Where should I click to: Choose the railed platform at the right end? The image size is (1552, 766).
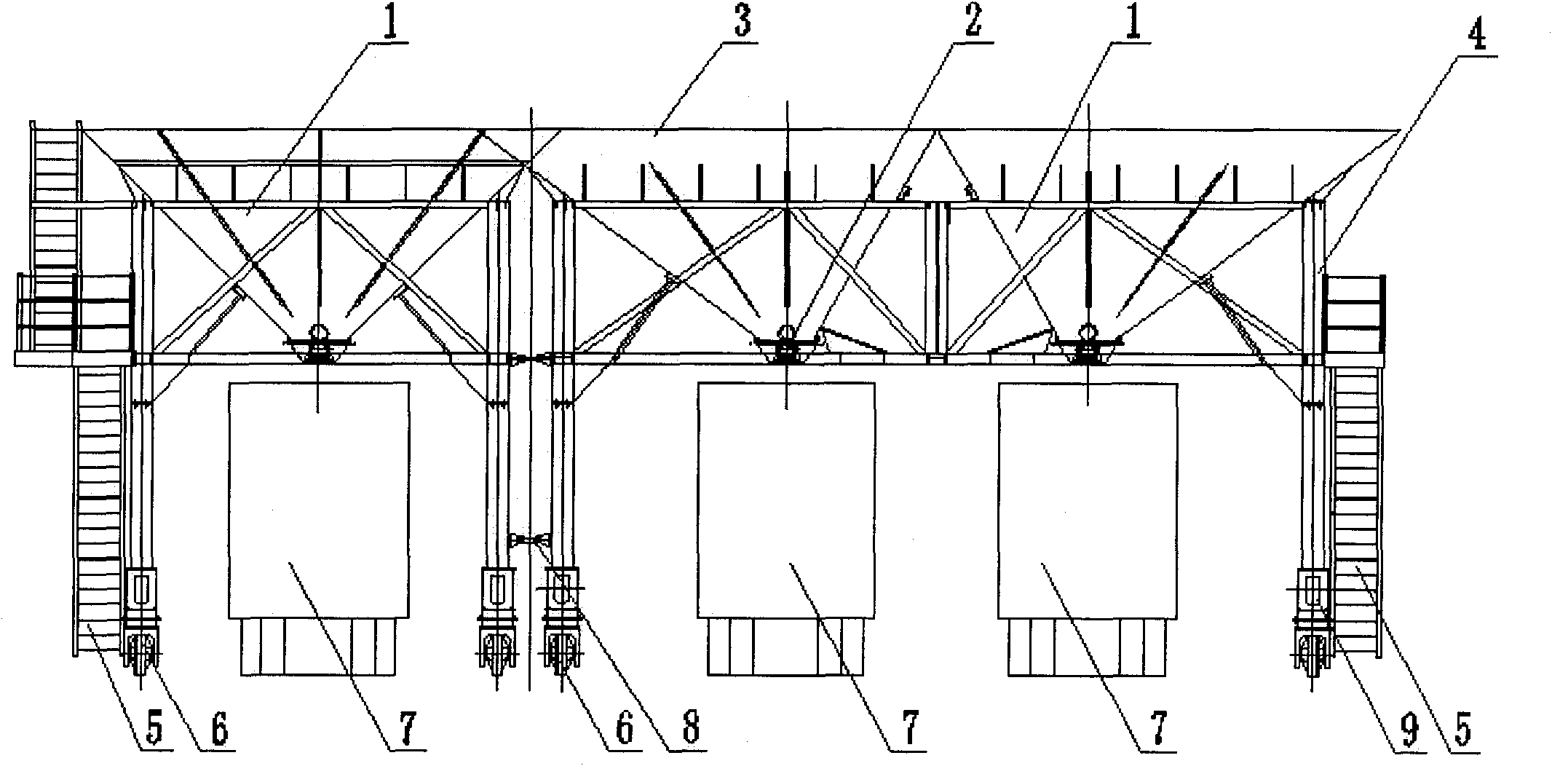[x=1354, y=313]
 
